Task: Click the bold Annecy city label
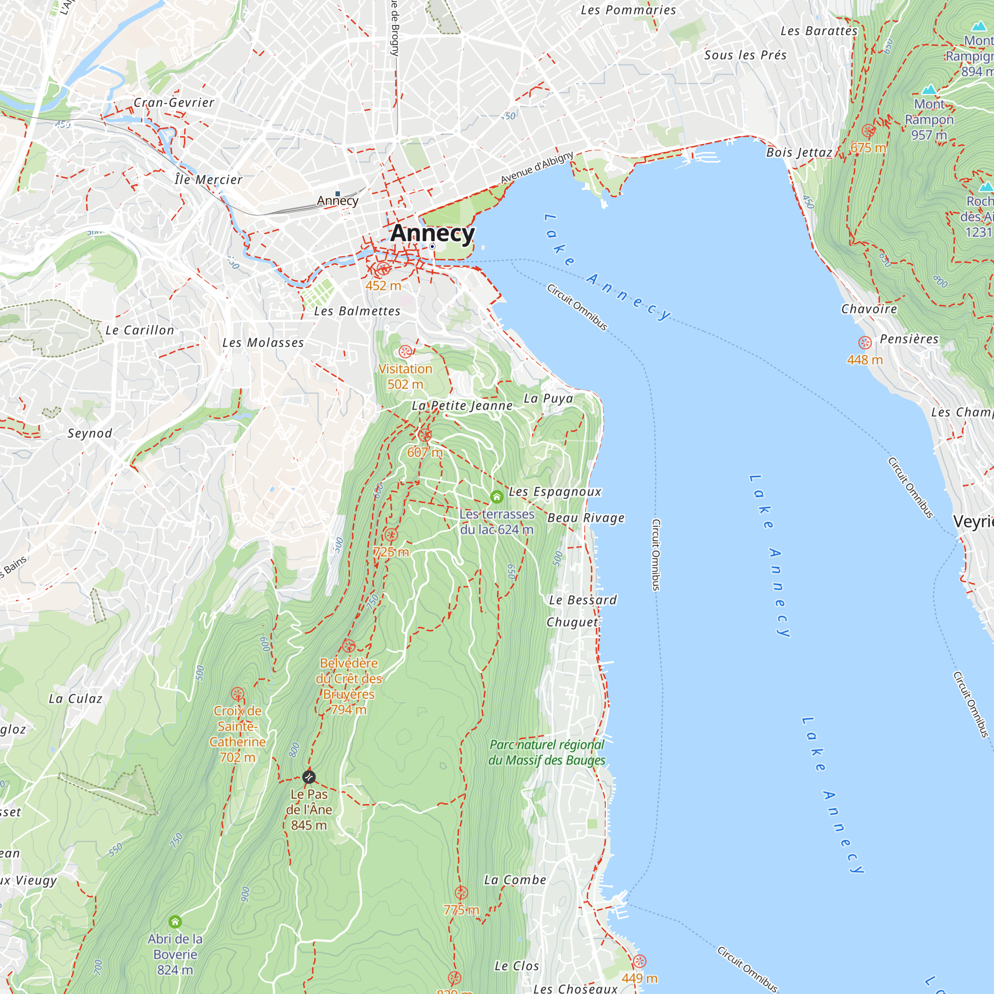[432, 233]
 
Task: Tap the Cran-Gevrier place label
[174, 102]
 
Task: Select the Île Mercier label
[208, 179]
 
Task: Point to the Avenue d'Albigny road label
[537, 167]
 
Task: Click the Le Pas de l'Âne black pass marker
[309, 776]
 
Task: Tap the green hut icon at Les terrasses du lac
[497, 497]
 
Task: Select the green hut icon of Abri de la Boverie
[175, 921]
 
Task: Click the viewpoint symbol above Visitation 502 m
[405, 352]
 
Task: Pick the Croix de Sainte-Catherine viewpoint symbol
[237, 693]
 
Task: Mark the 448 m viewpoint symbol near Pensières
[865, 342]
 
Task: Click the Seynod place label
[90, 433]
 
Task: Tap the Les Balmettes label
[357, 311]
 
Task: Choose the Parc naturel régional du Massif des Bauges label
[547, 752]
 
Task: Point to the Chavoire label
[869, 309]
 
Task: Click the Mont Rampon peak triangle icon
[929, 89]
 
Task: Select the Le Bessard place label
[583, 600]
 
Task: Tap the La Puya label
[548, 399]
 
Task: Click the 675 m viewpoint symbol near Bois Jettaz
[868, 131]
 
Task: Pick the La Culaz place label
[76, 699]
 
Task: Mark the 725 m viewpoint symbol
[391, 535]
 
